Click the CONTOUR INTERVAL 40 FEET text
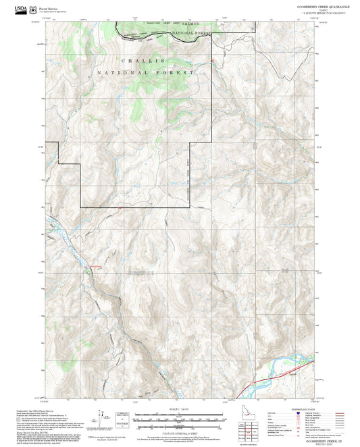(178, 433)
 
